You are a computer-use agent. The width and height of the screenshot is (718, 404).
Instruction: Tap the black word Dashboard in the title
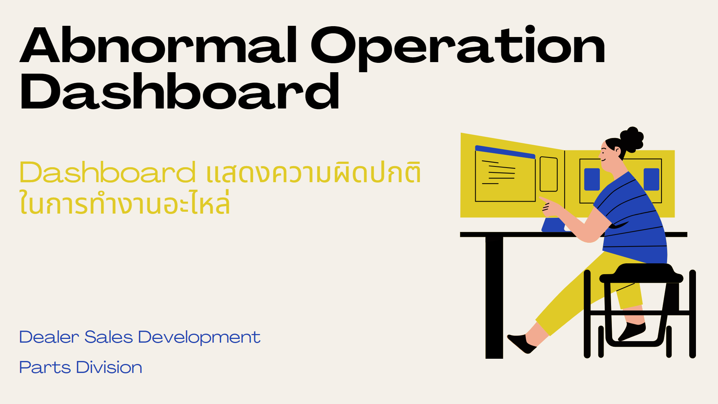click(179, 92)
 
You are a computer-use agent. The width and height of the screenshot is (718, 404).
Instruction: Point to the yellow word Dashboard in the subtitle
click(107, 172)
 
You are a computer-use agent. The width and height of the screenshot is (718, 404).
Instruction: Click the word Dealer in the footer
click(49, 337)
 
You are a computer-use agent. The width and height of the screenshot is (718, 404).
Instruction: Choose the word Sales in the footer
click(108, 337)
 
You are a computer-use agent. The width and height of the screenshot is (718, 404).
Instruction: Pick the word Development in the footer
click(199, 338)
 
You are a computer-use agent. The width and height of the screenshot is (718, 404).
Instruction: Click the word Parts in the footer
click(45, 368)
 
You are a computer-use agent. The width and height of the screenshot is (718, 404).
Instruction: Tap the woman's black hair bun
click(632, 139)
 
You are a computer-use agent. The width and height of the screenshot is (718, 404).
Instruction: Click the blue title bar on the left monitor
click(505, 152)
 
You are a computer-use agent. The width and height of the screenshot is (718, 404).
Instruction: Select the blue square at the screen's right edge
click(651, 179)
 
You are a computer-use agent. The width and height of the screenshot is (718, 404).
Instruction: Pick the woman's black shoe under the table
click(521, 343)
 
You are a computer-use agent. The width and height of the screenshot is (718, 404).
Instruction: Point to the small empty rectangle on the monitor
click(549, 174)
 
